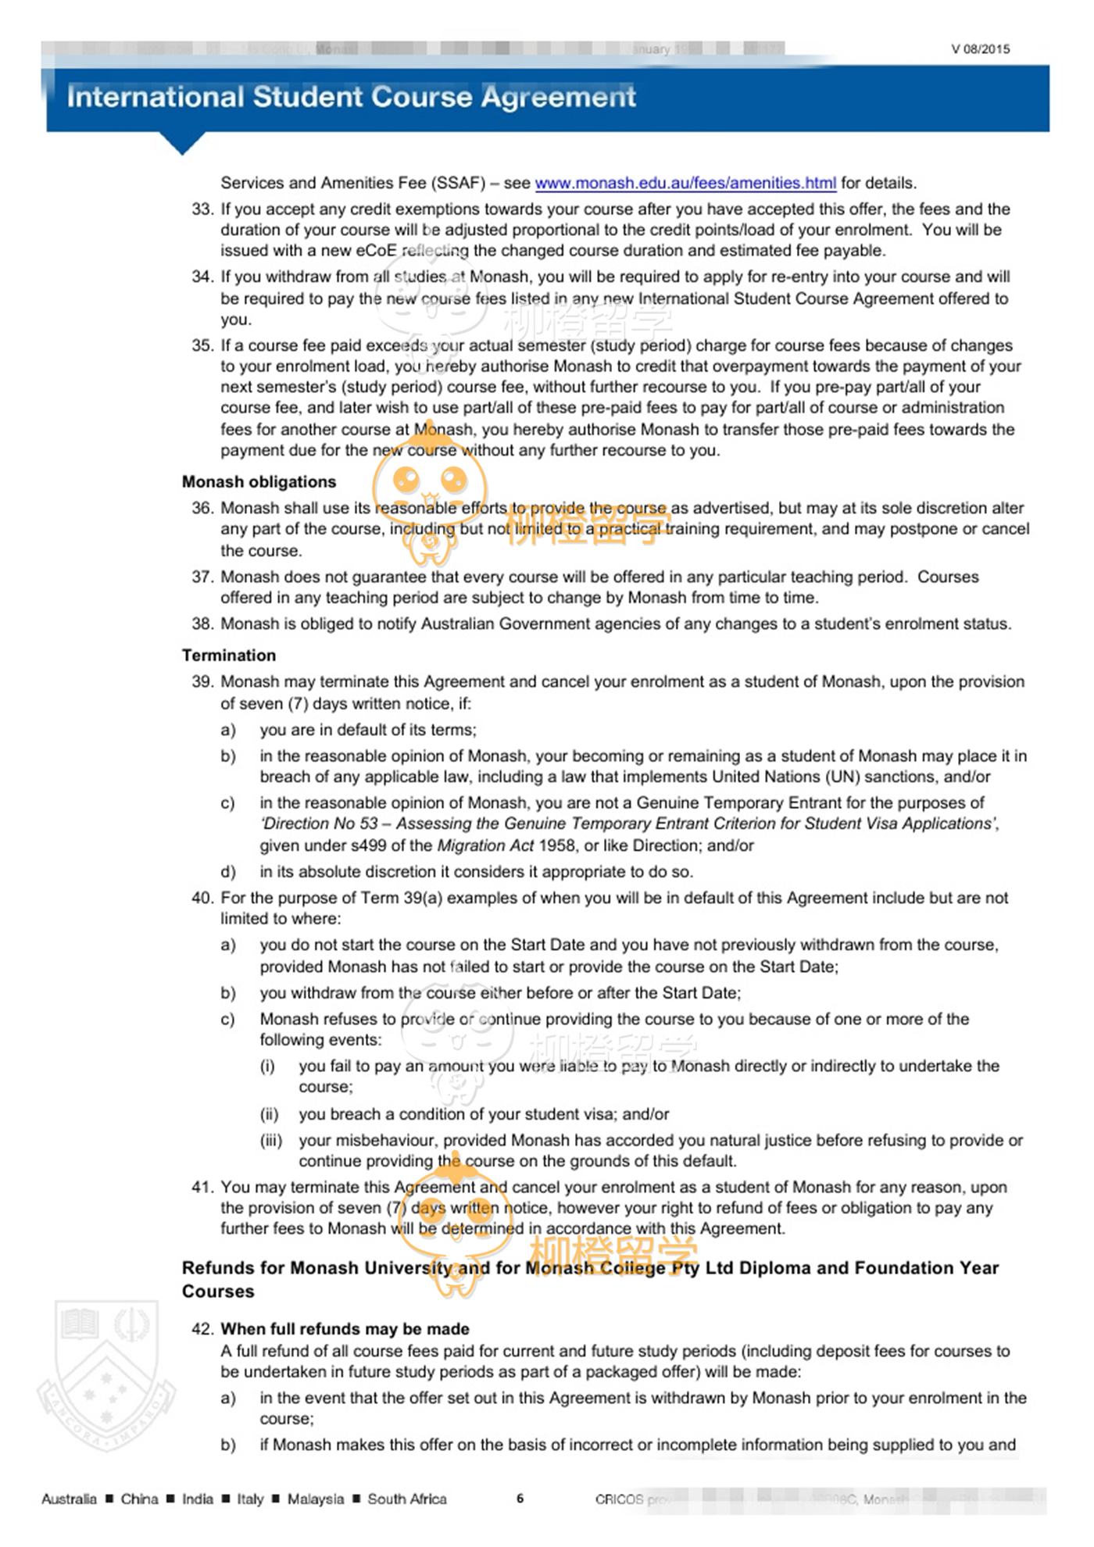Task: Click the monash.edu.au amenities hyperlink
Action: [685, 183]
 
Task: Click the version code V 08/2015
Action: [980, 49]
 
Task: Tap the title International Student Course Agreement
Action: [351, 97]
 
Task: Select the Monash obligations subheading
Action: [259, 481]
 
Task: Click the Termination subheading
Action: [229, 655]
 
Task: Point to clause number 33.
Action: [202, 209]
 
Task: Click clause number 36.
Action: [202, 508]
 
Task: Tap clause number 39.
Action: [202, 681]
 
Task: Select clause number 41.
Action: [202, 1187]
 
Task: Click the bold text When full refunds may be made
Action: [345, 1328]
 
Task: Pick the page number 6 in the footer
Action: [520, 1498]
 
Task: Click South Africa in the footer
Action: [407, 1499]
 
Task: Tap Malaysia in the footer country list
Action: [315, 1499]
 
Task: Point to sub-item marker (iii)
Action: [271, 1140]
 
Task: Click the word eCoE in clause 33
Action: [377, 251]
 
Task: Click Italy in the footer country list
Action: [250, 1499]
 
